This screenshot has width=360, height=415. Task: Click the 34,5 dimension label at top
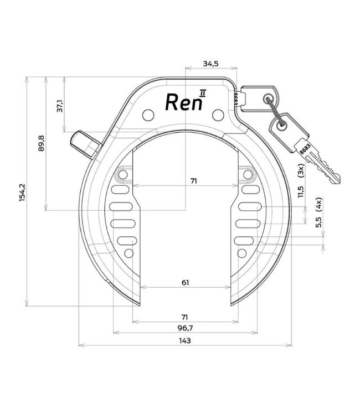pyautogui.click(x=210, y=64)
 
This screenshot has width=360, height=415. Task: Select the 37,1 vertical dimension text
pyautogui.click(x=60, y=106)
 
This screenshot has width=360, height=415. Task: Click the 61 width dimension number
pyautogui.click(x=185, y=283)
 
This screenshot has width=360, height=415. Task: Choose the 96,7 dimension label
pyautogui.click(x=185, y=328)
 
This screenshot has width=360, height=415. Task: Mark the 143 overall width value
pyautogui.click(x=185, y=341)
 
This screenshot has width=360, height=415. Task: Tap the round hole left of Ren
pyautogui.click(x=147, y=115)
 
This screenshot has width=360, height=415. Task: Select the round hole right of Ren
pyautogui.click(x=218, y=115)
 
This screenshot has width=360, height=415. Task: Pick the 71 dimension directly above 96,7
pyautogui.click(x=185, y=317)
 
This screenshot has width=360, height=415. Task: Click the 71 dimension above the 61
pyautogui.click(x=193, y=180)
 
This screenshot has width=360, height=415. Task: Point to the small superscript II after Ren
pyautogui.click(x=203, y=92)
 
